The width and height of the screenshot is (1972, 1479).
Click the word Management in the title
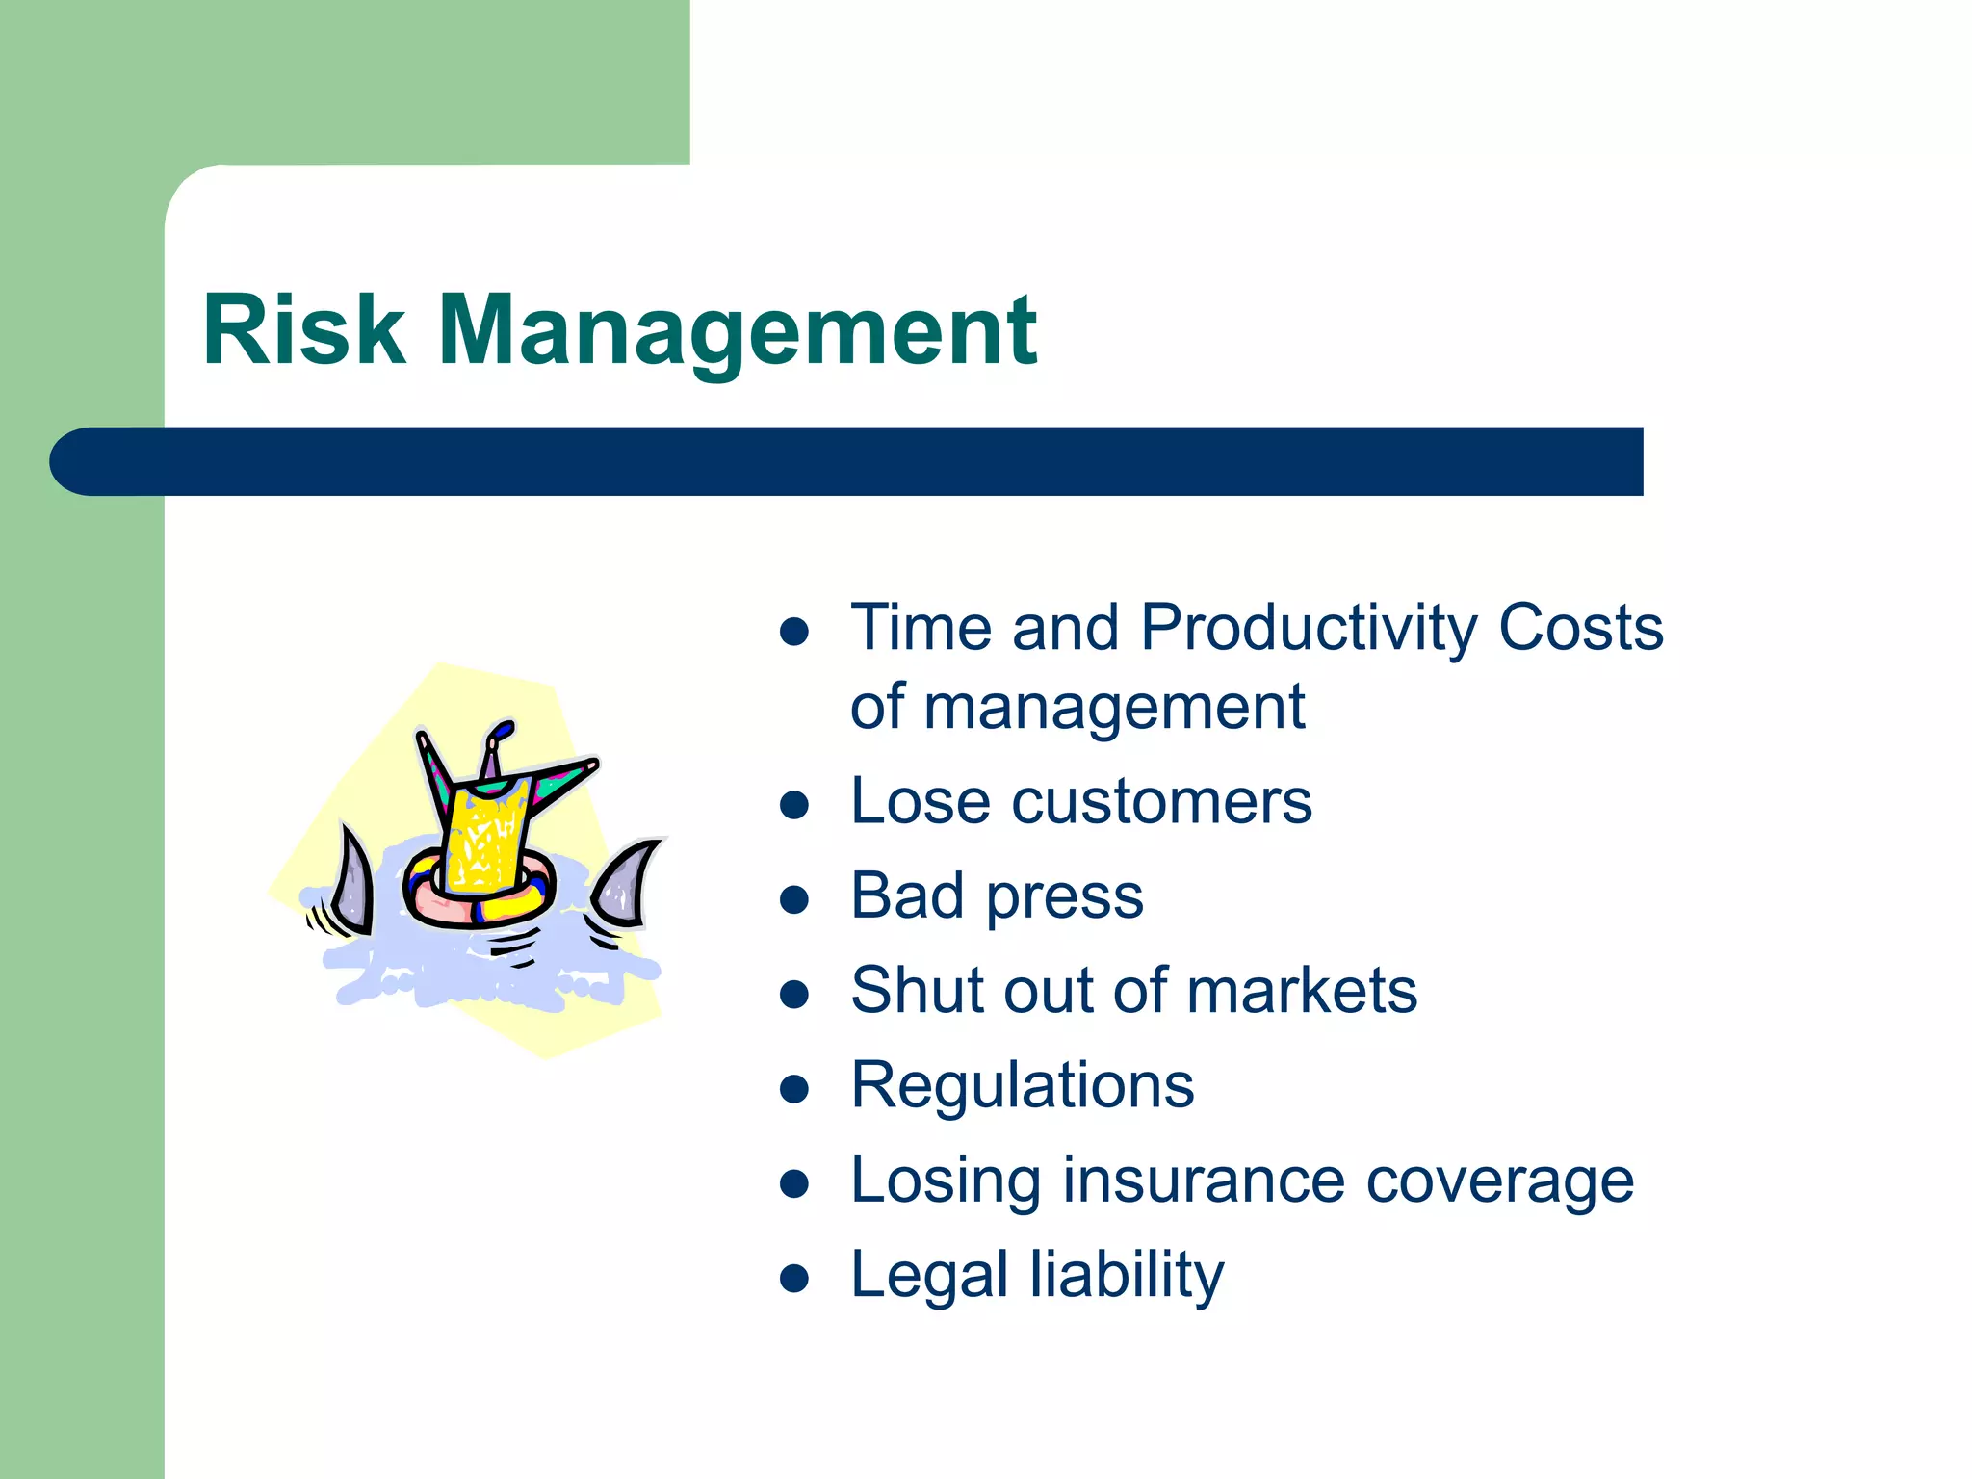coord(738,330)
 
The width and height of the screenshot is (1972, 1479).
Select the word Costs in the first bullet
coord(1581,629)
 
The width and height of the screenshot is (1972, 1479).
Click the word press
coord(1065,897)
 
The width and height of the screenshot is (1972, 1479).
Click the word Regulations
coord(1023,1086)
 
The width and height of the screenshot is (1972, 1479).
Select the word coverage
coord(1500,1182)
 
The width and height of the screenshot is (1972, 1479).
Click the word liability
coord(1128,1276)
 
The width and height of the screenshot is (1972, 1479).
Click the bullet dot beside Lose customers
coord(793,805)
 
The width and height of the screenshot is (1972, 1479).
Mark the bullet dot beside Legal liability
coord(793,1279)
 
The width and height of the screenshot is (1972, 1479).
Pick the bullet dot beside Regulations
coord(793,1089)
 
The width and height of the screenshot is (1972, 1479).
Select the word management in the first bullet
coord(1114,708)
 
